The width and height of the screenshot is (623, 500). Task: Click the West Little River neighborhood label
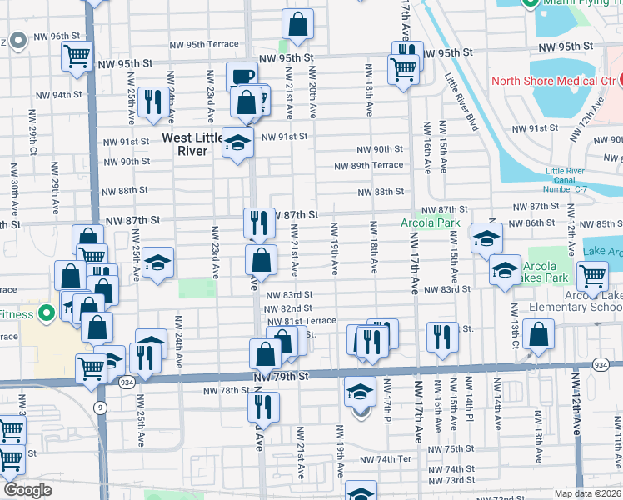[x=199, y=144]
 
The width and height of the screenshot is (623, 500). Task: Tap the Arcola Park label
[x=430, y=223]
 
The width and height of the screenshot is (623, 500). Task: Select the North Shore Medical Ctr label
[x=553, y=81]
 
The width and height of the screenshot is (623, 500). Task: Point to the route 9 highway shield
[x=101, y=407]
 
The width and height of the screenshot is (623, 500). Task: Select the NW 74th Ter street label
[x=386, y=459]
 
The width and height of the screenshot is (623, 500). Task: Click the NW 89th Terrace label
[x=368, y=166]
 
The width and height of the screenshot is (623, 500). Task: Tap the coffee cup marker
[x=242, y=77]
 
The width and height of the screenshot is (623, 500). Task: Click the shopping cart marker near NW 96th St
[x=77, y=57]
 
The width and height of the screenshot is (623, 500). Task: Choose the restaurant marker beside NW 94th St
[x=152, y=102]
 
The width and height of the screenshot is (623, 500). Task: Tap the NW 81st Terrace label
[x=301, y=321]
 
